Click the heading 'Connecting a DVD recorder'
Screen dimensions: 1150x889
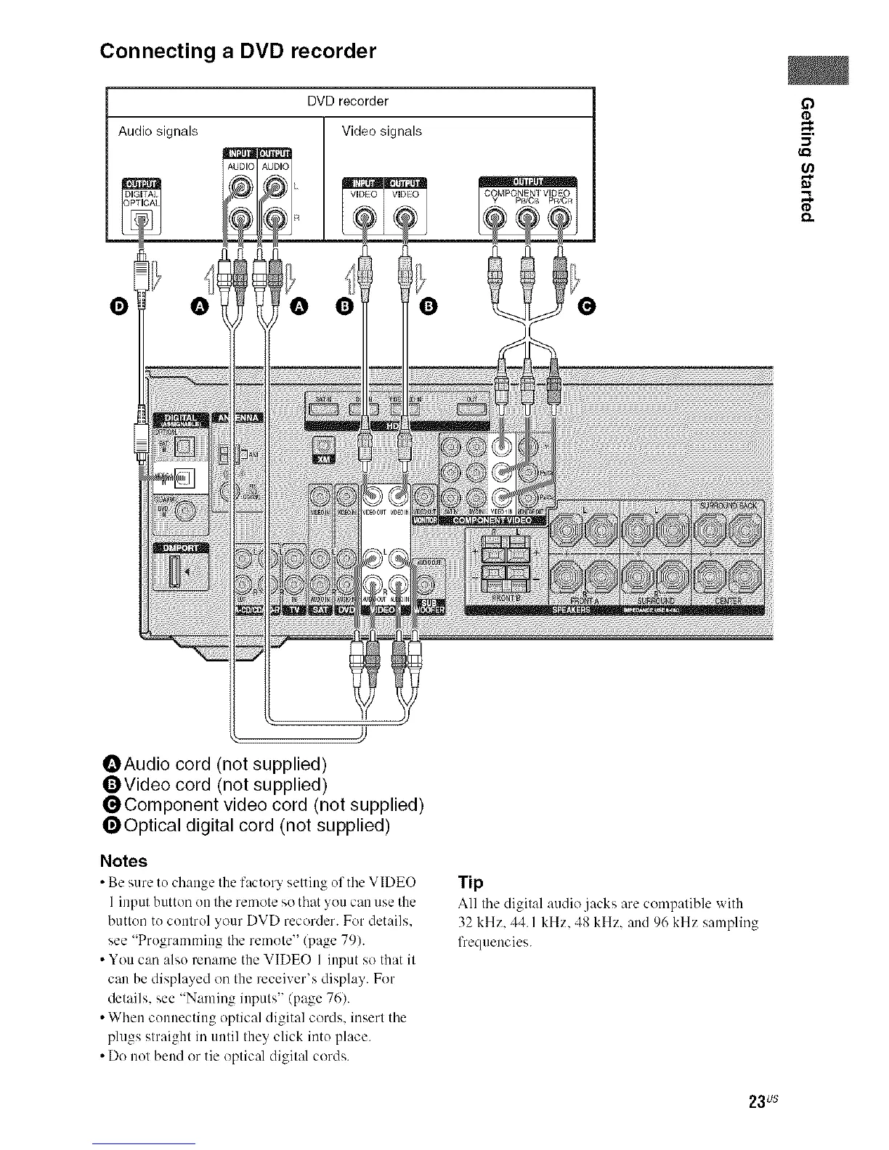point(238,52)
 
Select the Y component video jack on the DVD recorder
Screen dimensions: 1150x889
point(495,216)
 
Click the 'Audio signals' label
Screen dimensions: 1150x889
point(158,131)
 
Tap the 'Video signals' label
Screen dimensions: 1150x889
point(381,131)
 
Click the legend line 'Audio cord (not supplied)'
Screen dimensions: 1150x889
point(216,764)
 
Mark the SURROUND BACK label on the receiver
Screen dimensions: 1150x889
point(729,505)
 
